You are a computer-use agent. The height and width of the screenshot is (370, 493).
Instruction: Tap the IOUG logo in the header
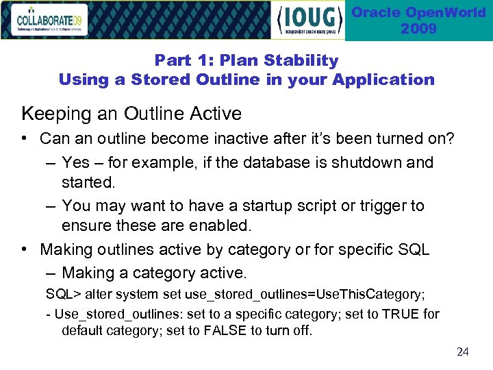(308, 21)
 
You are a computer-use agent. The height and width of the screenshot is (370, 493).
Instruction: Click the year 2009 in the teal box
(418, 29)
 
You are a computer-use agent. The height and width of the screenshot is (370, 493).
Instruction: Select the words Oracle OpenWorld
(418, 12)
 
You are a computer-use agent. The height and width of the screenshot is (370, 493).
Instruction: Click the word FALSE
(207, 331)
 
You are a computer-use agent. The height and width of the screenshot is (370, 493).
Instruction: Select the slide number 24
(463, 352)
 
